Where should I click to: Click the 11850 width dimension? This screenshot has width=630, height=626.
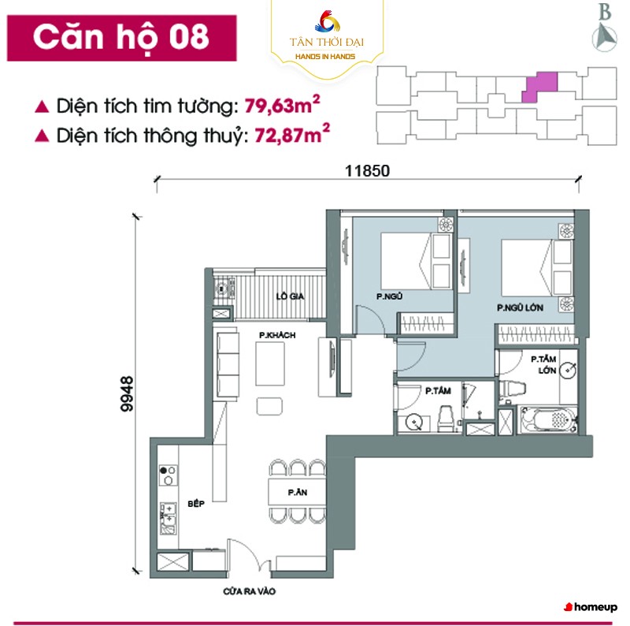click(367, 171)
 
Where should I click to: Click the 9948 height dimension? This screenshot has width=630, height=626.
click(127, 393)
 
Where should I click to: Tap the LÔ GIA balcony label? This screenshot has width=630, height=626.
click(290, 296)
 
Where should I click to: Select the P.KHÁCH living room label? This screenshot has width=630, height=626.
click(277, 335)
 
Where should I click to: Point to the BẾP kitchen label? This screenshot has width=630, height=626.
click(196, 504)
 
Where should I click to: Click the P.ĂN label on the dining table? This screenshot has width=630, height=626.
click(298, 492)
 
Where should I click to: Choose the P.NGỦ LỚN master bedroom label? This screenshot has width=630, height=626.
click(520, 307)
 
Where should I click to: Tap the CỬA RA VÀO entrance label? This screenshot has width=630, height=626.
click(249, 591)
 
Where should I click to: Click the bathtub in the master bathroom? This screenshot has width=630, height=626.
click(549, 420)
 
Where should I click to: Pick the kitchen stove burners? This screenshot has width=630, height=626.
click(169, 475)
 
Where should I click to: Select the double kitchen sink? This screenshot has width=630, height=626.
click(169, 518)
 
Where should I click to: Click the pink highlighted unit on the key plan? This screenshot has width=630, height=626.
click(541, 88)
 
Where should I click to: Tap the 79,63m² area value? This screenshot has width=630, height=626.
click(283, 105)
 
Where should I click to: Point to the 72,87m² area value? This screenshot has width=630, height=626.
click(292, 134)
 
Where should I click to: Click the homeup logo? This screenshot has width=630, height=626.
click(591, 607)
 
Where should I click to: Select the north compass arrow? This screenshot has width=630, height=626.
click(604, 37)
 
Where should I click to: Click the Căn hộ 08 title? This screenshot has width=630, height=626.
click(121, 38)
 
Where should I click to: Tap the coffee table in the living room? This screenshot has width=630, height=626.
click(270, 364)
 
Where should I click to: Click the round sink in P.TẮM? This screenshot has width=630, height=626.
click(414, 422)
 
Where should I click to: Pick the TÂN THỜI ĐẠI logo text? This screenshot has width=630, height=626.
click(326, 42)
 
